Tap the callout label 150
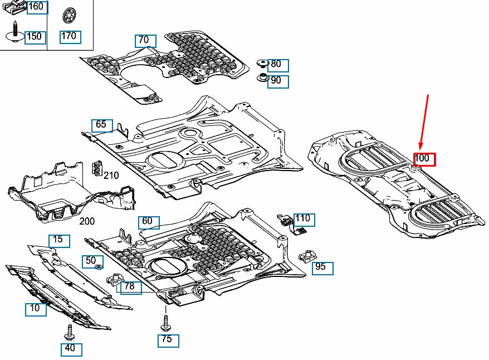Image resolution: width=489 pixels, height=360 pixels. (35, 37)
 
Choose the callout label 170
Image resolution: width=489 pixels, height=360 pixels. (70, 37)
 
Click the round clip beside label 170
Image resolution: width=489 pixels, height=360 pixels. (70, 15)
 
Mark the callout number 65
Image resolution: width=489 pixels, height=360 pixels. (102, 125)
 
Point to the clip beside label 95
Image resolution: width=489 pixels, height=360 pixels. (306, 257)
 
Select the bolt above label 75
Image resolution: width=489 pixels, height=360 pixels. (165, 321)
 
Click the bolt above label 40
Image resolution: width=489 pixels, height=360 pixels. (70, 332)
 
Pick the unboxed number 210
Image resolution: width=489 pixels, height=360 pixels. (111, 176)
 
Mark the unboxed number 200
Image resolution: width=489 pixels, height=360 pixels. (87, 221)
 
